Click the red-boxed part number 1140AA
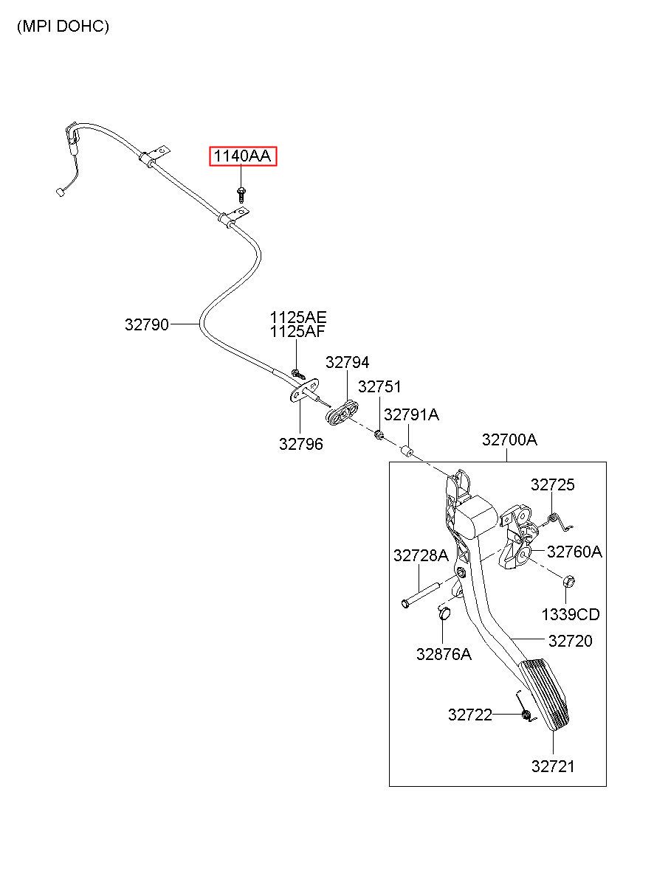(x=243, y=156)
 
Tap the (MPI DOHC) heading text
(x=63, y=27)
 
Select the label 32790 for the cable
(x=146, y=324)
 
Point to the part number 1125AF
(x=297, y=332)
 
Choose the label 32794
(x=347, y=362)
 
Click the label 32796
(x=300, y=444)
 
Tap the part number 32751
(x=379, y=387)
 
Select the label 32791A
(x=411, y=415)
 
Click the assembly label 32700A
(x=509, y=440)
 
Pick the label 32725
(x=552, y=484)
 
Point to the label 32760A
(x=574, y=552)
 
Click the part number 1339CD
(x=571, y=614)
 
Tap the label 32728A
(x=421, y=556)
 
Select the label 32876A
(x=443, y=654)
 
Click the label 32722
(x=469, y=715)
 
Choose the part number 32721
(x=552, y=766)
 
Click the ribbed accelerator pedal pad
(x=547, y=693)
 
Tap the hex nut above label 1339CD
(x=568, y=582)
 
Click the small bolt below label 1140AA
(x=241, y=192)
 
